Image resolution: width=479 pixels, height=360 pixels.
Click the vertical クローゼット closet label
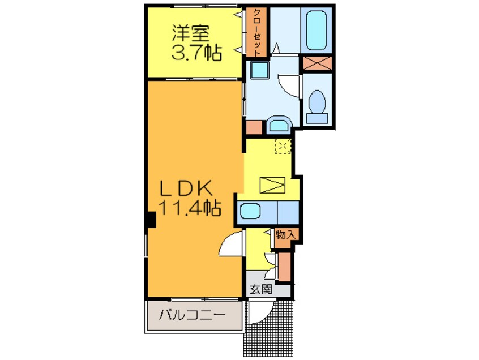click(x=255, y=32)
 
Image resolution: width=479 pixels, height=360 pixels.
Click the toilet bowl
click(x=318, y=105)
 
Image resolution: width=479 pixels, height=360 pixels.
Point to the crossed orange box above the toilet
click(x=318, y=63)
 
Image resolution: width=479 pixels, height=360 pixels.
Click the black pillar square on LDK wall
click(x=151, y=220)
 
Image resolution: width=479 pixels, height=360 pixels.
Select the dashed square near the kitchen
click(x=283, y=147)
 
